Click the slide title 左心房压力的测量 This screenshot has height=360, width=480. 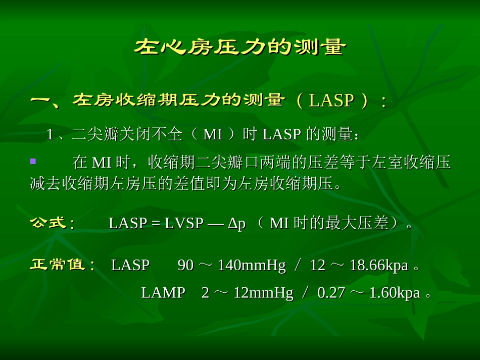pos(240,48)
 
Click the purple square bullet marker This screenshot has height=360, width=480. pos(33,162)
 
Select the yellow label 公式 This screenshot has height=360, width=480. pos(49,223)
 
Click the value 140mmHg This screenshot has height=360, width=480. pos(252,265)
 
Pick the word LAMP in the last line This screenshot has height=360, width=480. pos(163,293)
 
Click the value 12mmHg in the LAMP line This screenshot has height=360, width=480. pos(263,293)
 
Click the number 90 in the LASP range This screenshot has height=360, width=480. pos(185,265)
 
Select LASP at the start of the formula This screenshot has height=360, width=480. pos(127,224)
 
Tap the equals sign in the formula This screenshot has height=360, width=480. pos(156,224)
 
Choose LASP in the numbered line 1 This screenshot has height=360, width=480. pos(282,135)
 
